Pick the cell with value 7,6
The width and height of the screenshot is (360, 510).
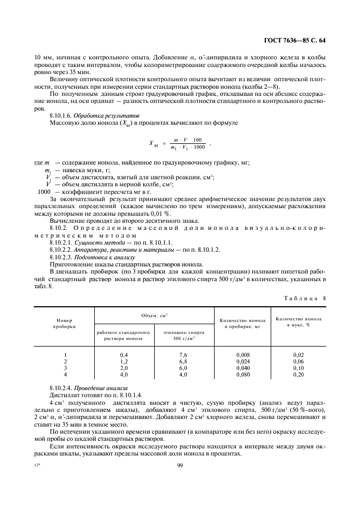(183, 354)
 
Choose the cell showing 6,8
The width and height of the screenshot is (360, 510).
(183, 361)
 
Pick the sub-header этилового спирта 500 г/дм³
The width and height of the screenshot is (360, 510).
(183, 335)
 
